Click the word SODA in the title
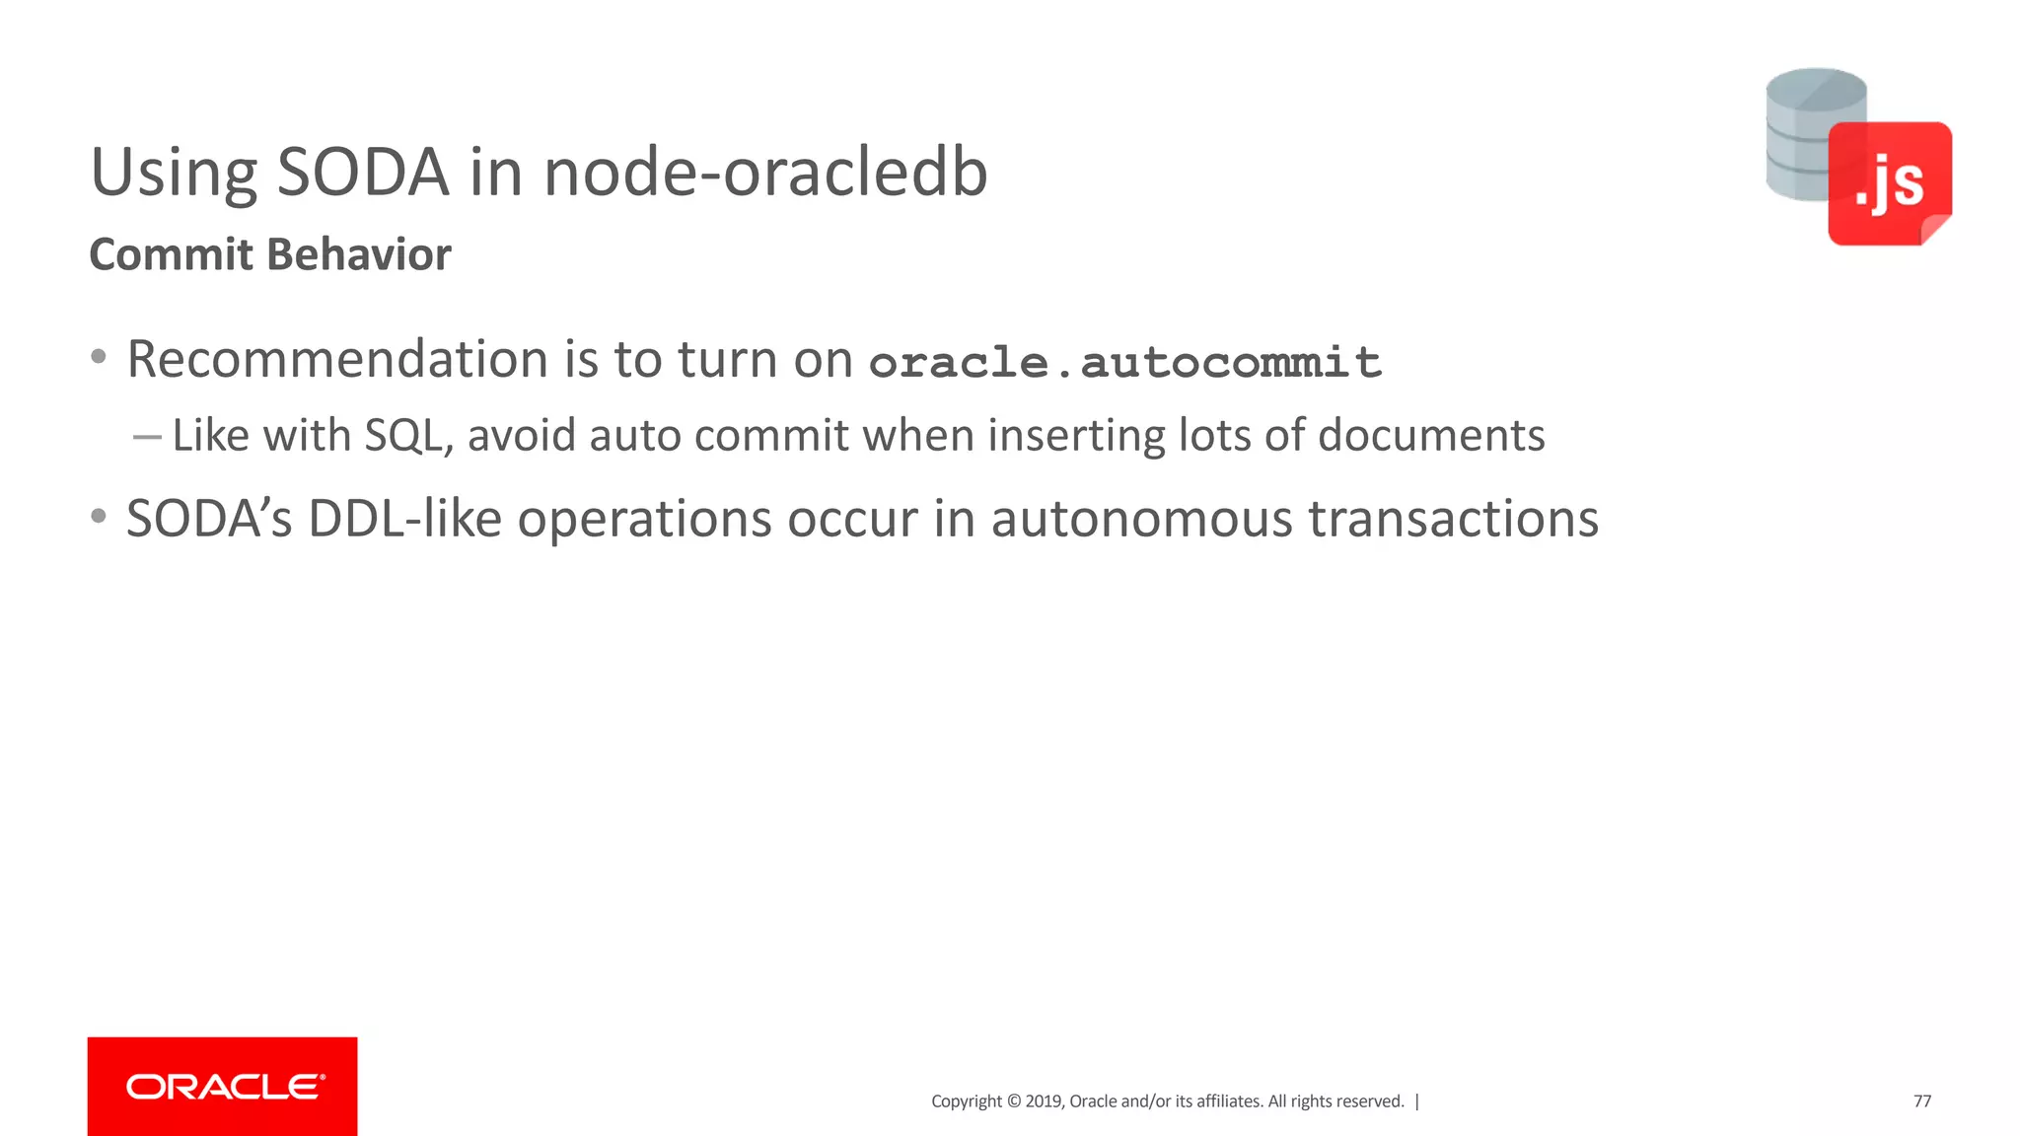[x=362, y=173]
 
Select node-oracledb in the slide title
[x=765, y=173]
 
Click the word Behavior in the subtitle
[x=360, y=254]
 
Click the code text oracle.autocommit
[x=1124, y=363]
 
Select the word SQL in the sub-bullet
[x=402, y=436]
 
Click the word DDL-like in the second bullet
[x=404, y=519]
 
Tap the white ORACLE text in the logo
[x=225, y=1087]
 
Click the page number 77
[x=1922, y=1101]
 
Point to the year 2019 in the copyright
[x=1044, y=1101]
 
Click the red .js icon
[x=1889, y=183]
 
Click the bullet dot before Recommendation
[x=98, y=357]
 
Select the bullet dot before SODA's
[x=98, y=516]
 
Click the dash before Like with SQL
[x=147, y=437]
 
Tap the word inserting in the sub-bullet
[x=1076, y=436]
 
